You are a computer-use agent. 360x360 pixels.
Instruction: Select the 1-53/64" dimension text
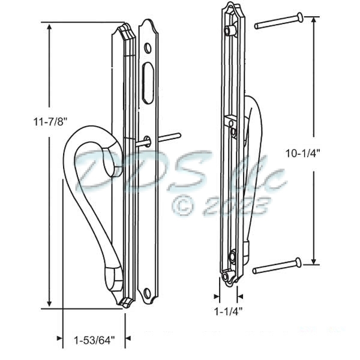pyautogui.click(x=92, y=340)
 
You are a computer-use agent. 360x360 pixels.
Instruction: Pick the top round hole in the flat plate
pyautogui.click(x=148, y=47)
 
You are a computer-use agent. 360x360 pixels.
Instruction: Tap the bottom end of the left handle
pyautogui.click(x=114, y=277)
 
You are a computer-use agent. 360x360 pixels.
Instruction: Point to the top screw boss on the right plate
pyautogui.click(x=229, y=30)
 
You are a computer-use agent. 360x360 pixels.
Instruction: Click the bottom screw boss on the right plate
pyautogui.click(x=232, y=256)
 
